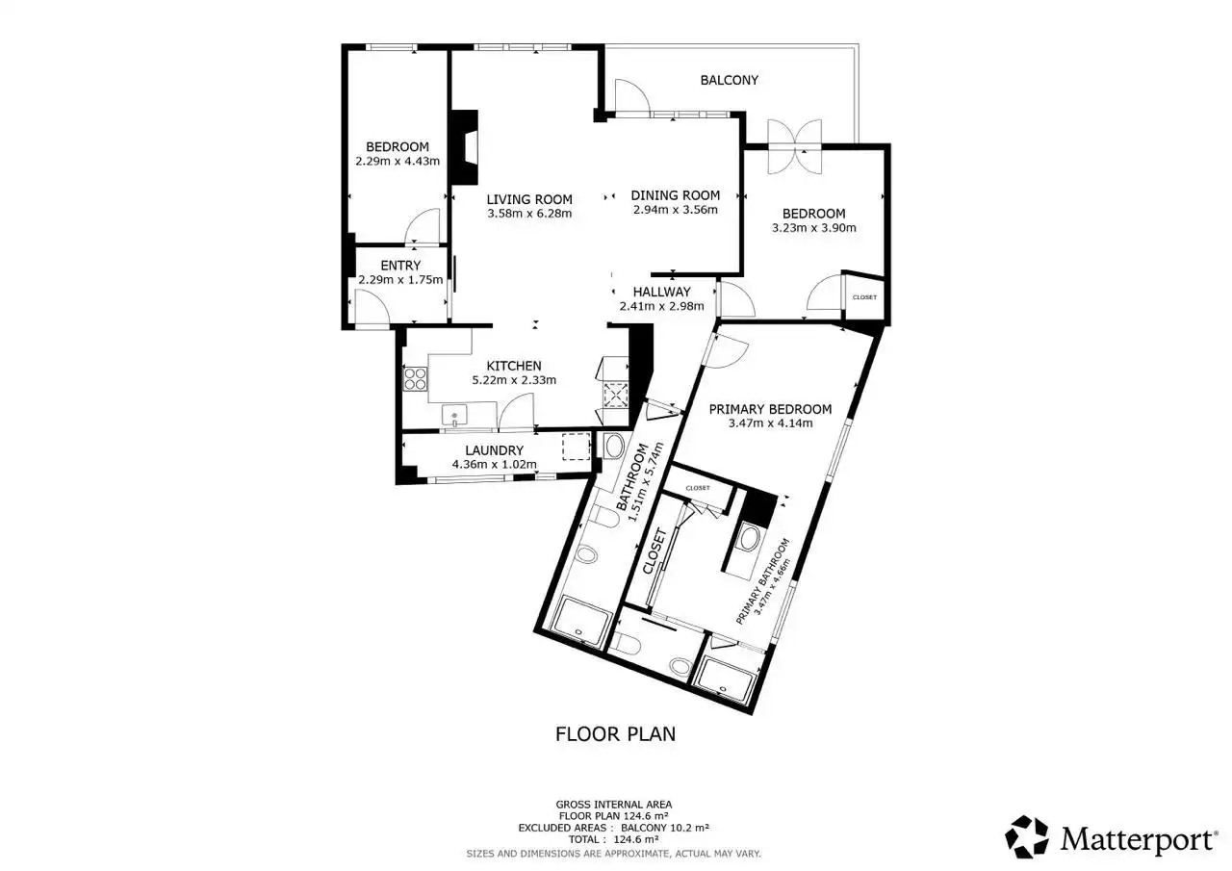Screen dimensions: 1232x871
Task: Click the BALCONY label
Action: [729, 80]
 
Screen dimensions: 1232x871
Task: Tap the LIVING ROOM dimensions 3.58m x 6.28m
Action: [529, 214]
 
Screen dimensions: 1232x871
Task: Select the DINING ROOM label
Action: [675, 195]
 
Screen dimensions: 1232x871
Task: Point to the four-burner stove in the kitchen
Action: [415, 379]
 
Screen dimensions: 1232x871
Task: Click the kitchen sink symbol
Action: [454, 415]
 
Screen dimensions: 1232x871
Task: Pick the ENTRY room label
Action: [400, 266]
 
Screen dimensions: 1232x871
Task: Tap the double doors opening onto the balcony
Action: [795, 146]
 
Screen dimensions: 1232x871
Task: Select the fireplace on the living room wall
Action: [464, 147]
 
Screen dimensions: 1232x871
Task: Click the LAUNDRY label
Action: [494, 450]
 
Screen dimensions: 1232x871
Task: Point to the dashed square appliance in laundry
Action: [577, 446]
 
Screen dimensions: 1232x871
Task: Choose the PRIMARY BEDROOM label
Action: [770, 409]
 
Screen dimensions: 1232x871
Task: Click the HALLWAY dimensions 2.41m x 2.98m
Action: [661, 306]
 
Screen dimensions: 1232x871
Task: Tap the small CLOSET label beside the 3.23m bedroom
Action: [864, 297]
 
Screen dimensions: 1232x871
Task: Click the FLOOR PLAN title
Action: [615, 734]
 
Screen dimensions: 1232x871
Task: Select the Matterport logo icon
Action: [1027, 837]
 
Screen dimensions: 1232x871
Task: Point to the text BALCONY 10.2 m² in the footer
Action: [665, 828]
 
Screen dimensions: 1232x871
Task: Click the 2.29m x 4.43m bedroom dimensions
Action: [398, 161]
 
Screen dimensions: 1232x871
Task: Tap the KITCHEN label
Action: [514, 366]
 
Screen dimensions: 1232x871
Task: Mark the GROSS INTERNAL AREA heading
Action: [614, 805]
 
